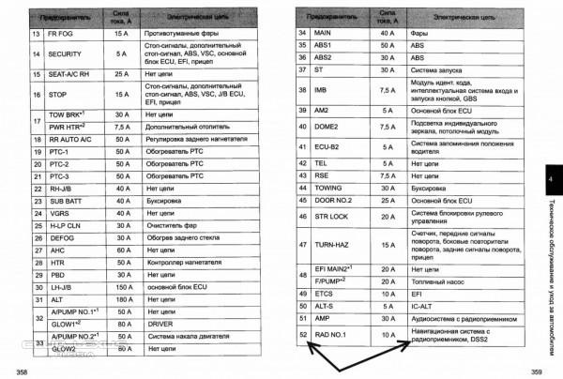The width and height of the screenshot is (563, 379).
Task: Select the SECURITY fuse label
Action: (65, 53)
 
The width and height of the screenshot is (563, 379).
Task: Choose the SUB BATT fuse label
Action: (65, 200)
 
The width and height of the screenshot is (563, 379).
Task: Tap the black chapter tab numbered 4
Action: (550, 180)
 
